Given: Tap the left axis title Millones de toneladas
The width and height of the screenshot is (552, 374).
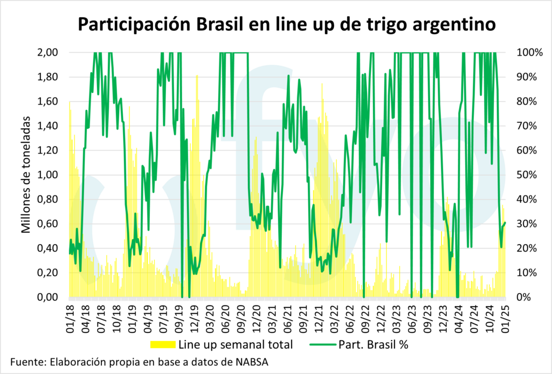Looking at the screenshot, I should tap(26, 175).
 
